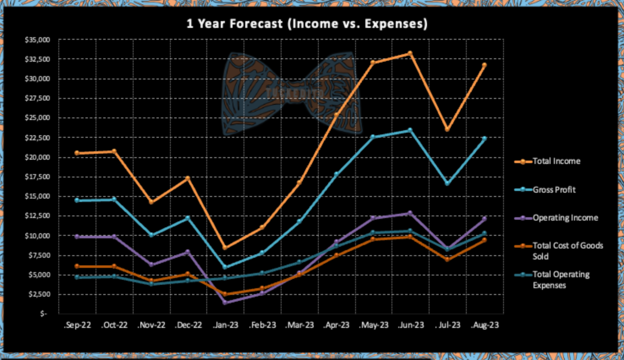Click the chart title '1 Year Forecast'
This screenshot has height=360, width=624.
(307, 24)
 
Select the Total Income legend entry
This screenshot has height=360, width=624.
(556, 161)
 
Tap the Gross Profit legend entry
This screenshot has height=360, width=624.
(554, 190)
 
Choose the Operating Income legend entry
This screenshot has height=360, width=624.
(565, 218)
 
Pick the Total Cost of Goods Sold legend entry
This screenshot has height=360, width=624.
(567, 251)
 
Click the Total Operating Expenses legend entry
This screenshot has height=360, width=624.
(561, 280)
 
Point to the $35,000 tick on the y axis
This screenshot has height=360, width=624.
(38, 40)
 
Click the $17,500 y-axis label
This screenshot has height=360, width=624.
(38, 177)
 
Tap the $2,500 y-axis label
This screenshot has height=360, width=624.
(39, 294)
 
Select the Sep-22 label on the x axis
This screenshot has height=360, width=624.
(77, 325)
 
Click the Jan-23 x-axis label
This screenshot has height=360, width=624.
(225, 325)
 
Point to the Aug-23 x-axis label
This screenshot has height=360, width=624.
(485, 325)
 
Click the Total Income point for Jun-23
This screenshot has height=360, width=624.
(410, 54)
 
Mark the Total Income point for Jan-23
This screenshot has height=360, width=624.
(225, 248)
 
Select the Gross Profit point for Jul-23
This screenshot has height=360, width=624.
(447, 183)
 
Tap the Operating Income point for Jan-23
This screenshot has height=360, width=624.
(225, 303)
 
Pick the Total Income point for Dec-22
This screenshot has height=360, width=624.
(188, 178)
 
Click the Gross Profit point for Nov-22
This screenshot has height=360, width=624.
(151, 235)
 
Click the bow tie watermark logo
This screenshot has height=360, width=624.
(292, 93)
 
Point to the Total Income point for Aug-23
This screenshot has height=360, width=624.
(484, 65)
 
